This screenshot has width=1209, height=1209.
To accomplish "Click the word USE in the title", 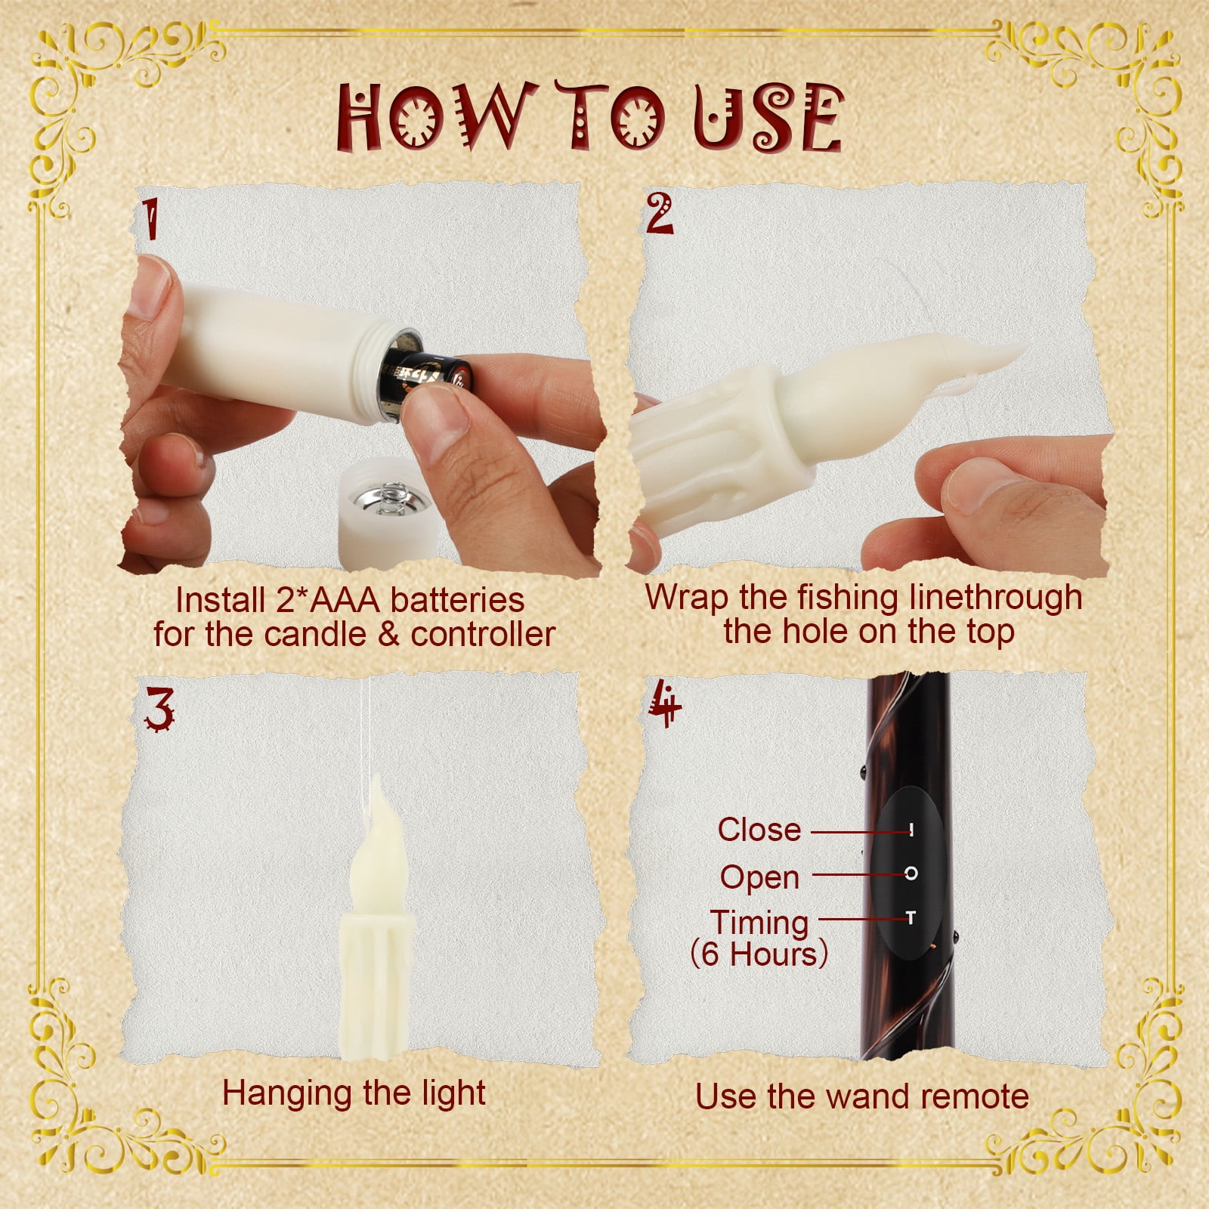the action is click(x=768, y=116).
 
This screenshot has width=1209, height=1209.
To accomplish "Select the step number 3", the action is click(x=160, y=710).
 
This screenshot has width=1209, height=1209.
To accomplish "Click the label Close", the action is click(x=759, y=830).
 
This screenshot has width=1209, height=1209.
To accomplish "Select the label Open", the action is click(x=759, y=877).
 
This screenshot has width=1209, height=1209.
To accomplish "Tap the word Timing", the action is click(x=759, y=923).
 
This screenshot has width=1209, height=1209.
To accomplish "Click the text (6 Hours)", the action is click(x=759, y=954).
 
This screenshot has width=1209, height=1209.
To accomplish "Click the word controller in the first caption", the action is click(x=484, y=635).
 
